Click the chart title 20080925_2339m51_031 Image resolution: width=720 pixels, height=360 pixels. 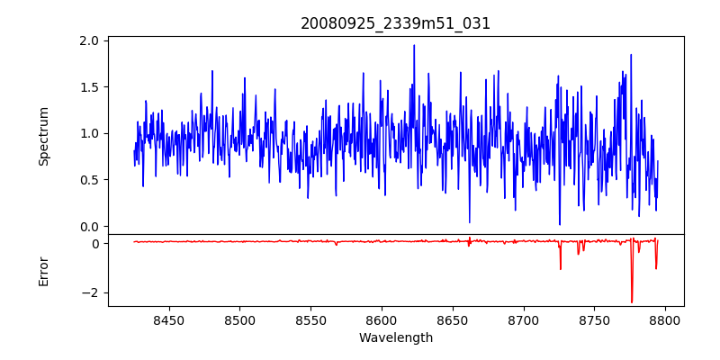(395, 23)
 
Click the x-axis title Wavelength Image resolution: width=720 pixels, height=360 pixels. (395, 337)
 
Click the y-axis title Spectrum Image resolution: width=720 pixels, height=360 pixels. (43, 136)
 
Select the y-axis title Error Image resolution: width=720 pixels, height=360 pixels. (43, 271)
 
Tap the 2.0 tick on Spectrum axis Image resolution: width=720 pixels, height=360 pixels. (89, 41)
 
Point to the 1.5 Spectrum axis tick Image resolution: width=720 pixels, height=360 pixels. (89, 87)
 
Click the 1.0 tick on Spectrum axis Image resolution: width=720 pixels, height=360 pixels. (89, 133)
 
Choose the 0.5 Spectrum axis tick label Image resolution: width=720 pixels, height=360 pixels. (89, 180)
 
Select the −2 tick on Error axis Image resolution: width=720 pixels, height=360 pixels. (89, 292)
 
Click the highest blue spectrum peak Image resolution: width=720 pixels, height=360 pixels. (414, 45)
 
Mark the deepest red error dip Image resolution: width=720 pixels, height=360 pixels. (632, 301)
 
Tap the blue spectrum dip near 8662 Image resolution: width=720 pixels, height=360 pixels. (469, 221)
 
